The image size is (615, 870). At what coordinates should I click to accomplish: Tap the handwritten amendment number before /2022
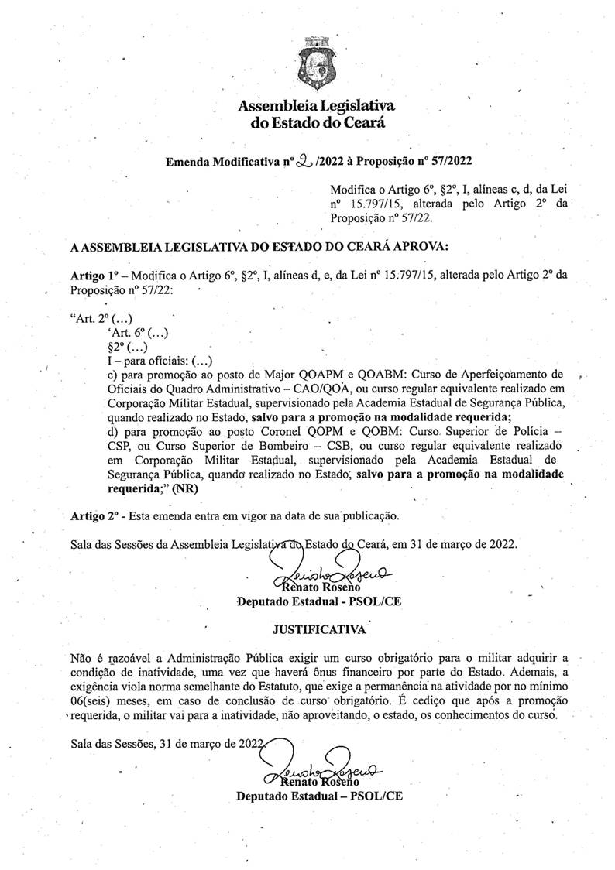click(x=298, y=160)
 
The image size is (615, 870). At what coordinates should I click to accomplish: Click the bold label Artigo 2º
click(x=92, y=514)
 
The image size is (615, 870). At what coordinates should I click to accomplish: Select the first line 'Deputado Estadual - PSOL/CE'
click(x=318, y=601)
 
